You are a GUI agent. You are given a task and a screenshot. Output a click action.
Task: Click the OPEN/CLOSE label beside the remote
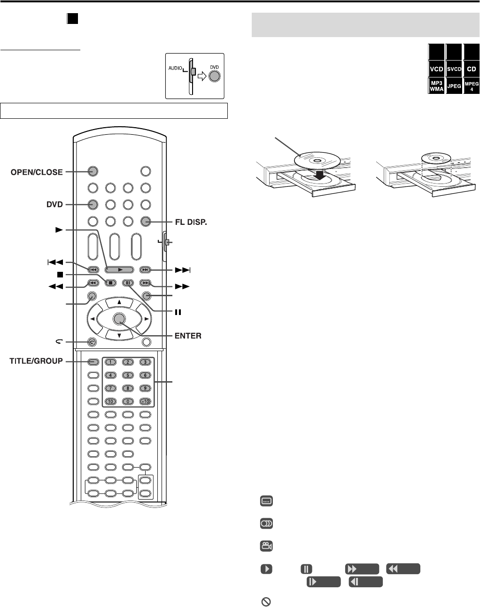pyautogui.click(x=37, y=172)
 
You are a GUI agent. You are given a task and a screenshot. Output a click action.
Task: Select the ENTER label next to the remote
pyautogui.click(x=186, y=336)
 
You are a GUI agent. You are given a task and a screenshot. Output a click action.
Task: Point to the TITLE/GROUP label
pyautogui.click(x=36, y=361)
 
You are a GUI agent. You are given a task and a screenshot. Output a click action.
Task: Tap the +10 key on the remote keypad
pyautogui.click(x=145, y=401)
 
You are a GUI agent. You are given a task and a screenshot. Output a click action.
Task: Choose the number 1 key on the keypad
pyautogui.click(x=109, y=362)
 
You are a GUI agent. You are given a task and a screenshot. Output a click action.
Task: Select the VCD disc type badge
pyautogui.click(x=436, y=69)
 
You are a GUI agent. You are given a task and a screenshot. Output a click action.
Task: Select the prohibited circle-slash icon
pyautogui.click(x=265, y=601)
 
